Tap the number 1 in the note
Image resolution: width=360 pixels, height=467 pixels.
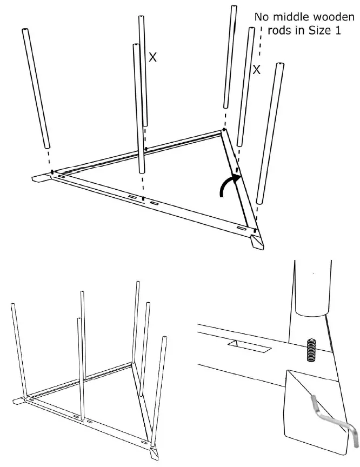coord(338,31)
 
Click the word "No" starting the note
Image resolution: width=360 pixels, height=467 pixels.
coord(262,17)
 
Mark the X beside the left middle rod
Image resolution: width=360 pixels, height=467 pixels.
coord(152,57)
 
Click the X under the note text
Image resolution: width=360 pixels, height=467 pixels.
coord(257,70)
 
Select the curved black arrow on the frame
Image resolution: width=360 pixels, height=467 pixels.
coord(227,186)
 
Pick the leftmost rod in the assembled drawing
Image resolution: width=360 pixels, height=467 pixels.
coord(18,351)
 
